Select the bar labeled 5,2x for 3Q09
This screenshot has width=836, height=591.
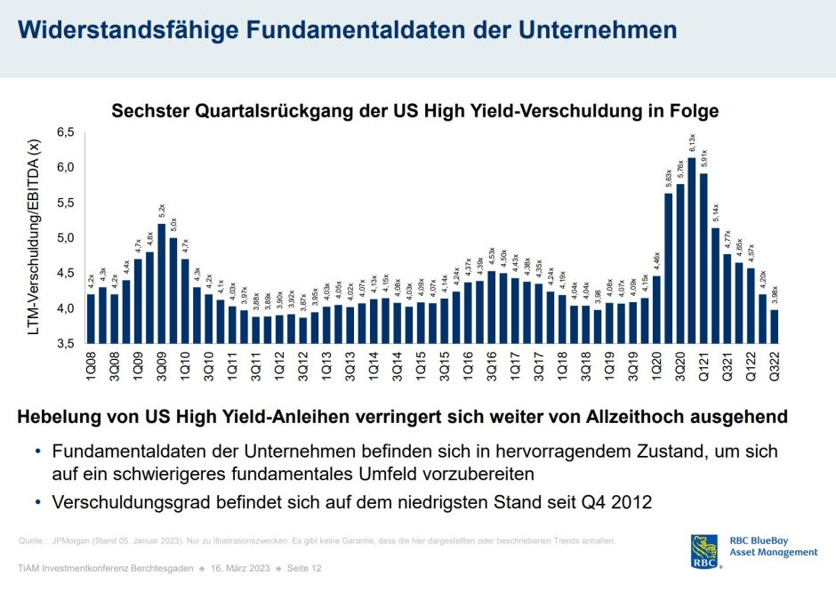click(162, 284)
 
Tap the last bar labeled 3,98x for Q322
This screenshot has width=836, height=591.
click(774, 326)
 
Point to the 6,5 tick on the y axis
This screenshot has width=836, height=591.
click(67, 132)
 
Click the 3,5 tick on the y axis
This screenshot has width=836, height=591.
click(67, 344)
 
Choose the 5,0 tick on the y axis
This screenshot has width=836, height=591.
click(67, 238)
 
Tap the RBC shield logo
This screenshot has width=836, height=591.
click(704, 550)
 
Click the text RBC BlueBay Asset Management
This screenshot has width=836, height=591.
click(773, 547)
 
